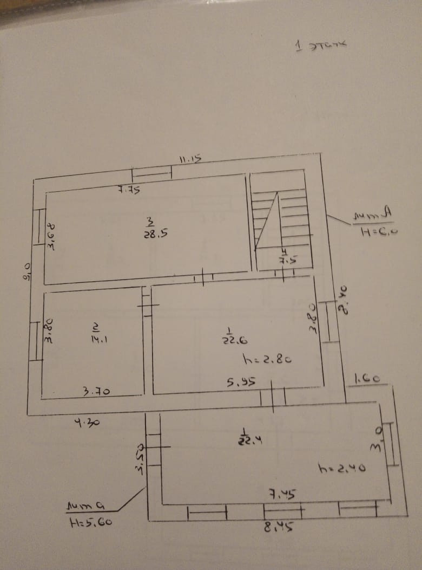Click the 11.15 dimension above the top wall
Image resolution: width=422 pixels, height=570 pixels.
(x=190, y=159)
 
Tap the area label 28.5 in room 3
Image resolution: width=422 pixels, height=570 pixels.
(x=151, y=234)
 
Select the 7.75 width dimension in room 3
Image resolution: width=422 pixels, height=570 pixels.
(x=129, y=190)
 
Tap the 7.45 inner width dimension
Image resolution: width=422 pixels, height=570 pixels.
(x=282, y=494)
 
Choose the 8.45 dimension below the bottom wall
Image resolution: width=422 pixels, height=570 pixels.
(x=279, y=526)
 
